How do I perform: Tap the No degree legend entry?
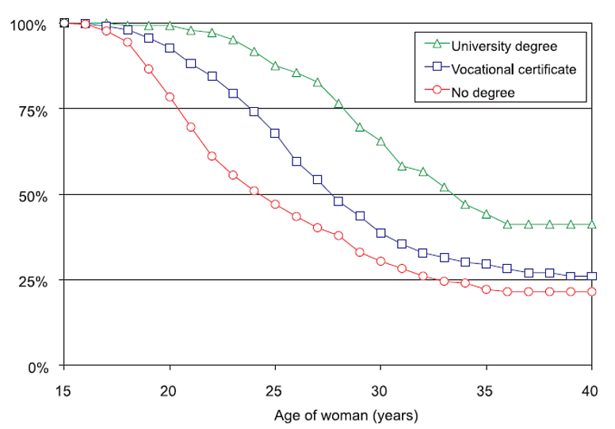click(x=483, y=92)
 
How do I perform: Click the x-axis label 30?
click(x=380, y=391)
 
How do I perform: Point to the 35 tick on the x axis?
click(x=486, y=391)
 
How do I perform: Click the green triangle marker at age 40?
click(x=591, y=224)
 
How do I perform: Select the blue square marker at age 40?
click(x=591, y=277)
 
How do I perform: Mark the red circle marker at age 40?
click(x=591, y=292)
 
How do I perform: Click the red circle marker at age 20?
click(x=170, y=97)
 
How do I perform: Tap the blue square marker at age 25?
click(x=275, y=133)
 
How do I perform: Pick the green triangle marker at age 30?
click(x=380, y=141)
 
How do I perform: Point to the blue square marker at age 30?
click(x=380, y=233)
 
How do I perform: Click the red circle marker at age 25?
click(x=275, y=204)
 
